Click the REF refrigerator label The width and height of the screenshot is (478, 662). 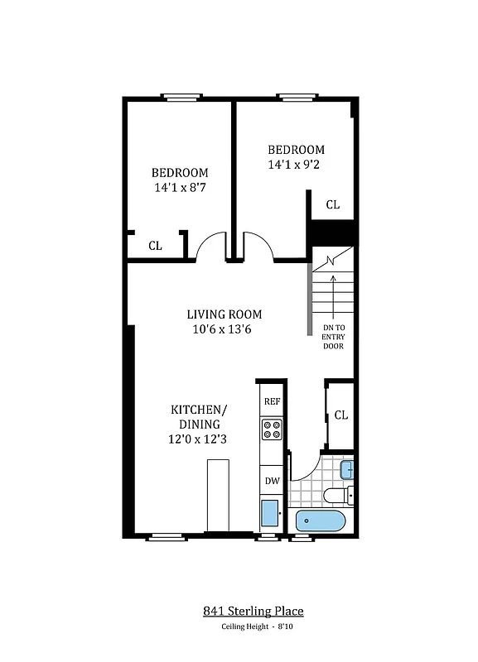(271, 401)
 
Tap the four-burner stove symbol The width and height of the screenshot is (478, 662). (271, 429)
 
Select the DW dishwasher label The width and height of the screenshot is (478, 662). (271, 480)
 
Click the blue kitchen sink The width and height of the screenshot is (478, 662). (270, 513)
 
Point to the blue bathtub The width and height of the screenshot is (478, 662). (321, 521)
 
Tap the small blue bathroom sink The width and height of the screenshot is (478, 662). (347, 470)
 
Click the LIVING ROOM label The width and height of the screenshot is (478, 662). (224, 314)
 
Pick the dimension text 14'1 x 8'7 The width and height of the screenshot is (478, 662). (180, 188)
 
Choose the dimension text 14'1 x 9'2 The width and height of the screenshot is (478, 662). (296, 165)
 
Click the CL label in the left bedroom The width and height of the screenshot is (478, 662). (155, 246)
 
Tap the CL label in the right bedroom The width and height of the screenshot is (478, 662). (332, 204)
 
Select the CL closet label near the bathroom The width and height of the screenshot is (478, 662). (341, 415)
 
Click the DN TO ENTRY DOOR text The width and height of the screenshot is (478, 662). (333, 337)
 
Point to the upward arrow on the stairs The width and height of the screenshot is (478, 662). (333, 294)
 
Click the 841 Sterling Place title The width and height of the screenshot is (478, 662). (253, 612)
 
